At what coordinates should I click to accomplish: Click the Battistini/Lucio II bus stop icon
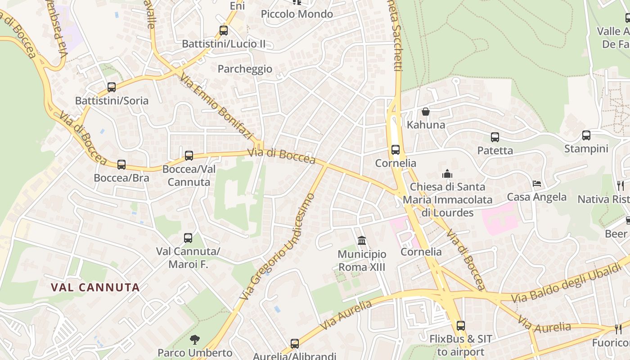click(224, 31)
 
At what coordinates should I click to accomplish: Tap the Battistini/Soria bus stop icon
click(112, 87)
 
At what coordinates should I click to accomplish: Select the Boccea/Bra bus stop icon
click(121, 165)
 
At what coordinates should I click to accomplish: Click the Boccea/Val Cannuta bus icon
click(189, 156)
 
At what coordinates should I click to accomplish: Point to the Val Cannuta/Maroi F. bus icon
click(188, 238)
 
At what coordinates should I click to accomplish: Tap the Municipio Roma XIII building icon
click(362, 241)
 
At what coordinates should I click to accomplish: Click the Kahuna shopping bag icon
click(426, 111)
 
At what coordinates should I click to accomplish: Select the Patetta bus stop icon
click(495, 137)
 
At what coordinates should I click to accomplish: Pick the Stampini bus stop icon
click(586, 135)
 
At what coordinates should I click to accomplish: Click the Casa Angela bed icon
click(537, 184)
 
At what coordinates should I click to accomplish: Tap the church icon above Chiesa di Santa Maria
click(447, 174)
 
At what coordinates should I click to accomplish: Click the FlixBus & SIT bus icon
click(461, 326)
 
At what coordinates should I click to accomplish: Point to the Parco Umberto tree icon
click(195, 340)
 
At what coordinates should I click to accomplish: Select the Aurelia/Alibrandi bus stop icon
click(295, 344)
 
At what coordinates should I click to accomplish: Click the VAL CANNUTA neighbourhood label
click(95, 287)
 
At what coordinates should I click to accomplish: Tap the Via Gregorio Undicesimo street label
click(278, 247)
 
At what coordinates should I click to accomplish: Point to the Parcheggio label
click(245, 69)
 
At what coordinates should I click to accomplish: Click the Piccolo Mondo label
click(297, 14)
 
